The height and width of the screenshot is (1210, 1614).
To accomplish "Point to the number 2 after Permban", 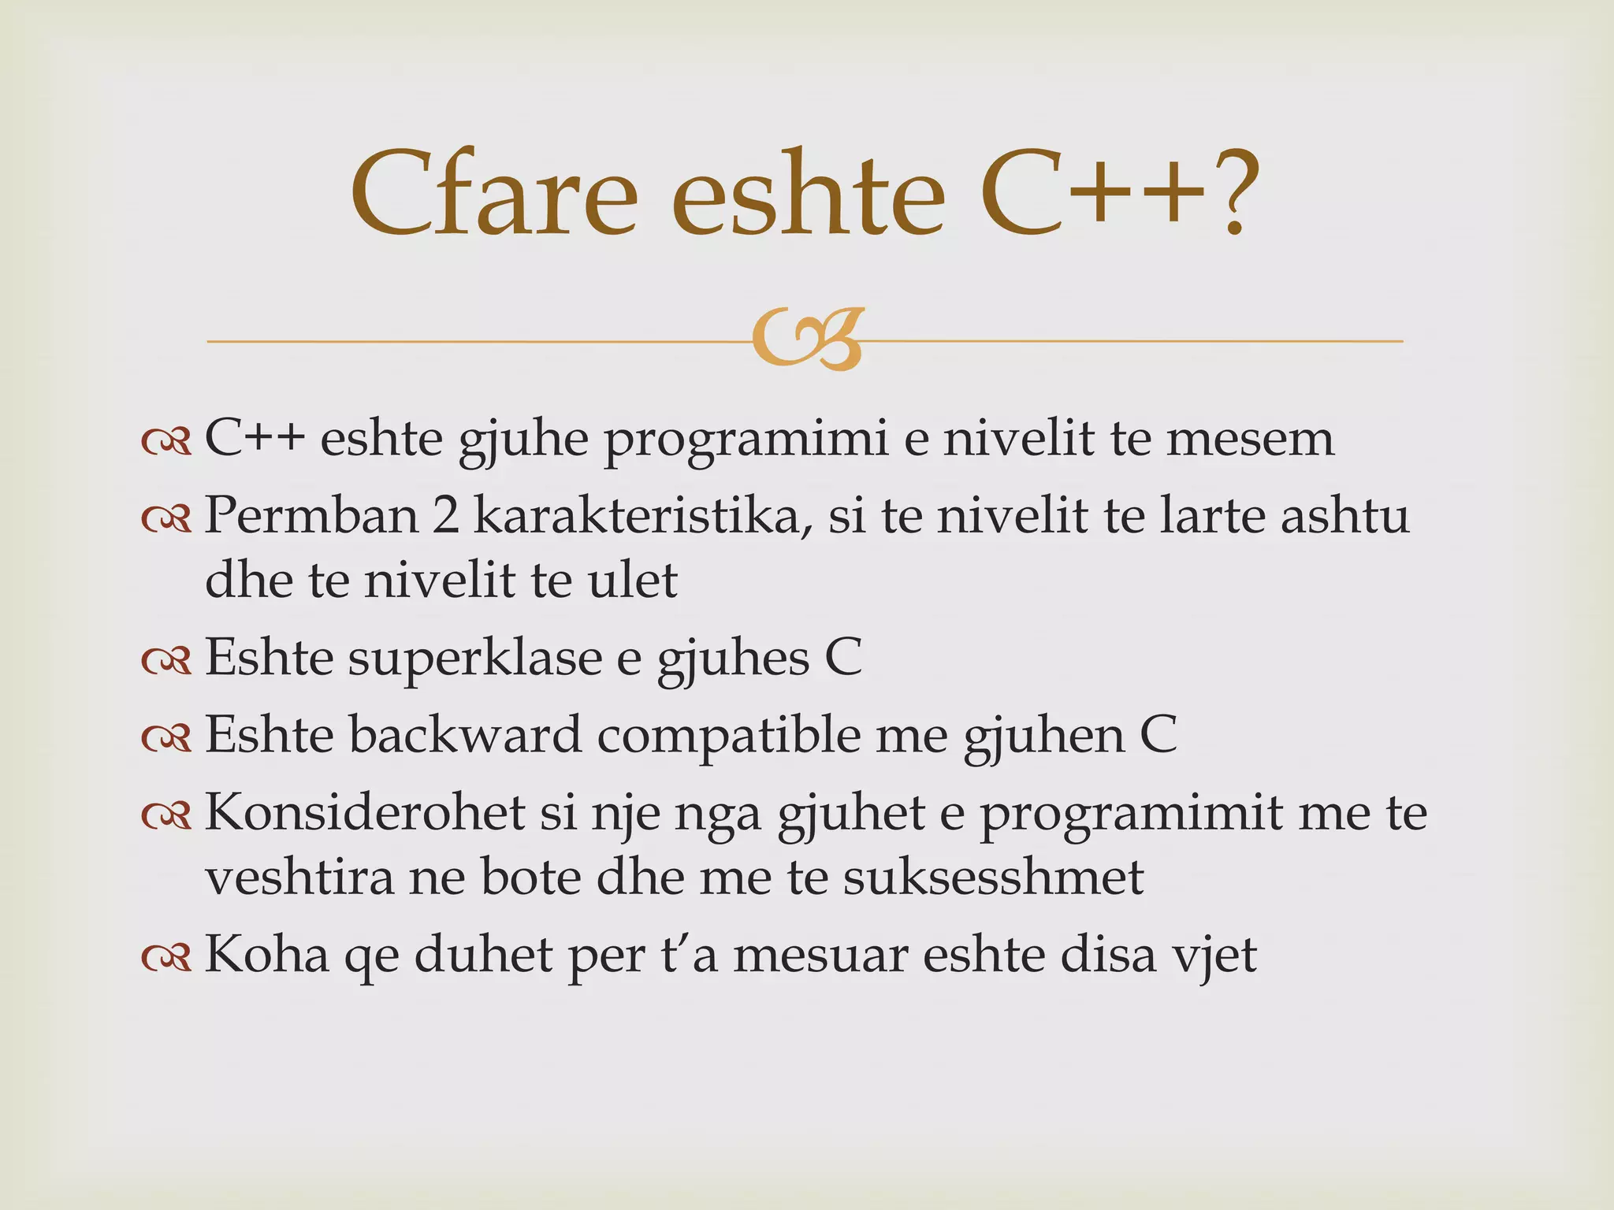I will pyautogui.click(x=445, y=516).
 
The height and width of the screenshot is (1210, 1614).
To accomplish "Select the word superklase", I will pyautogui.click(x=474, y=658).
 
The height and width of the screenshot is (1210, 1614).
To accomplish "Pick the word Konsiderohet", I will pyautogui.click(x=365, y=812).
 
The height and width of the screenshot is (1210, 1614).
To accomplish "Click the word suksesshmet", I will pyautogui.click(x=993, y=877).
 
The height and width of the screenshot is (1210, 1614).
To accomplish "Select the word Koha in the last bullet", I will pyautogui.click(x=266, y=954).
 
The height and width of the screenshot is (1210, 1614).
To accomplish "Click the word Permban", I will pyautogui.click(x=312, y=516).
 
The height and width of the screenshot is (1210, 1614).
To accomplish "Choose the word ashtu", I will pyautogui.click(x=1344, y=516).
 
